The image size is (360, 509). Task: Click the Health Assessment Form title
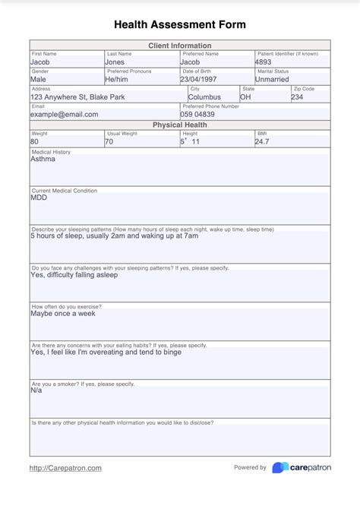(180, 24)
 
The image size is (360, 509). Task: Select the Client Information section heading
(180, 46)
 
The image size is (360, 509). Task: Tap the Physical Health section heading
(180, 125)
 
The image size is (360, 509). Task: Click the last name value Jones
(115, 62)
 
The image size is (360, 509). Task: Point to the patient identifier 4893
(264, 62)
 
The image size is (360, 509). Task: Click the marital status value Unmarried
(272, 79)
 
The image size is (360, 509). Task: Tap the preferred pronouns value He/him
(117, 79)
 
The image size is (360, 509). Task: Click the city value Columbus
(204, 97)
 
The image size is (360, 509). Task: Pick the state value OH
(246, 97)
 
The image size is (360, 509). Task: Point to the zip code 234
(297, 97)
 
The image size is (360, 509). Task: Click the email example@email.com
(65, 115)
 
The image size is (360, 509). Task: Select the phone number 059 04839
(197, 115)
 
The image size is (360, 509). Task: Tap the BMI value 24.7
(262, 142)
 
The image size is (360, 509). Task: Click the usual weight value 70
(109, 142)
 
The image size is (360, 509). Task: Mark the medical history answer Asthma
(43, 160)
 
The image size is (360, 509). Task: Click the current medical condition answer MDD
(39, 198)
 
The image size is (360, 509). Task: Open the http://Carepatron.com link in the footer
(65, 469)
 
